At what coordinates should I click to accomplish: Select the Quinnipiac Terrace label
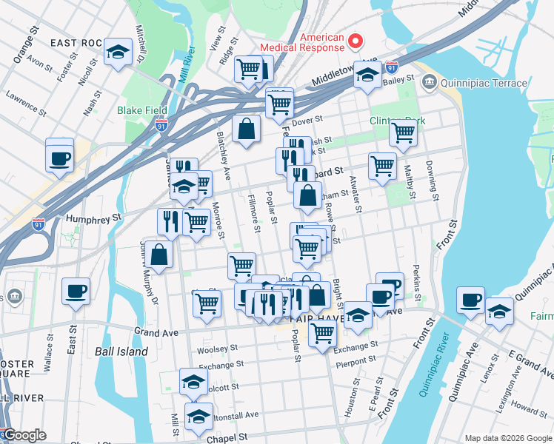(x=484, y=84)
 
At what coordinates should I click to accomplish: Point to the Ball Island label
(x=121, y=351)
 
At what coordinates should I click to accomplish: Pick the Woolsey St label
(x=217, y=348)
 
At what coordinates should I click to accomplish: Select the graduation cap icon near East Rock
(x=118, y=52)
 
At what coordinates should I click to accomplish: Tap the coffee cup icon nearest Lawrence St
(x=59, y=157)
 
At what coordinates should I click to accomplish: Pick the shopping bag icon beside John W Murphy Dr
(x=159, y=254)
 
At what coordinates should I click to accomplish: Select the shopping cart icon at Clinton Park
(x=403, y=133)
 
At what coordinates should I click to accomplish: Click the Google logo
(x=24, y=435)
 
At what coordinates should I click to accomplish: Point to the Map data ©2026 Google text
(x=507, y=438)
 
